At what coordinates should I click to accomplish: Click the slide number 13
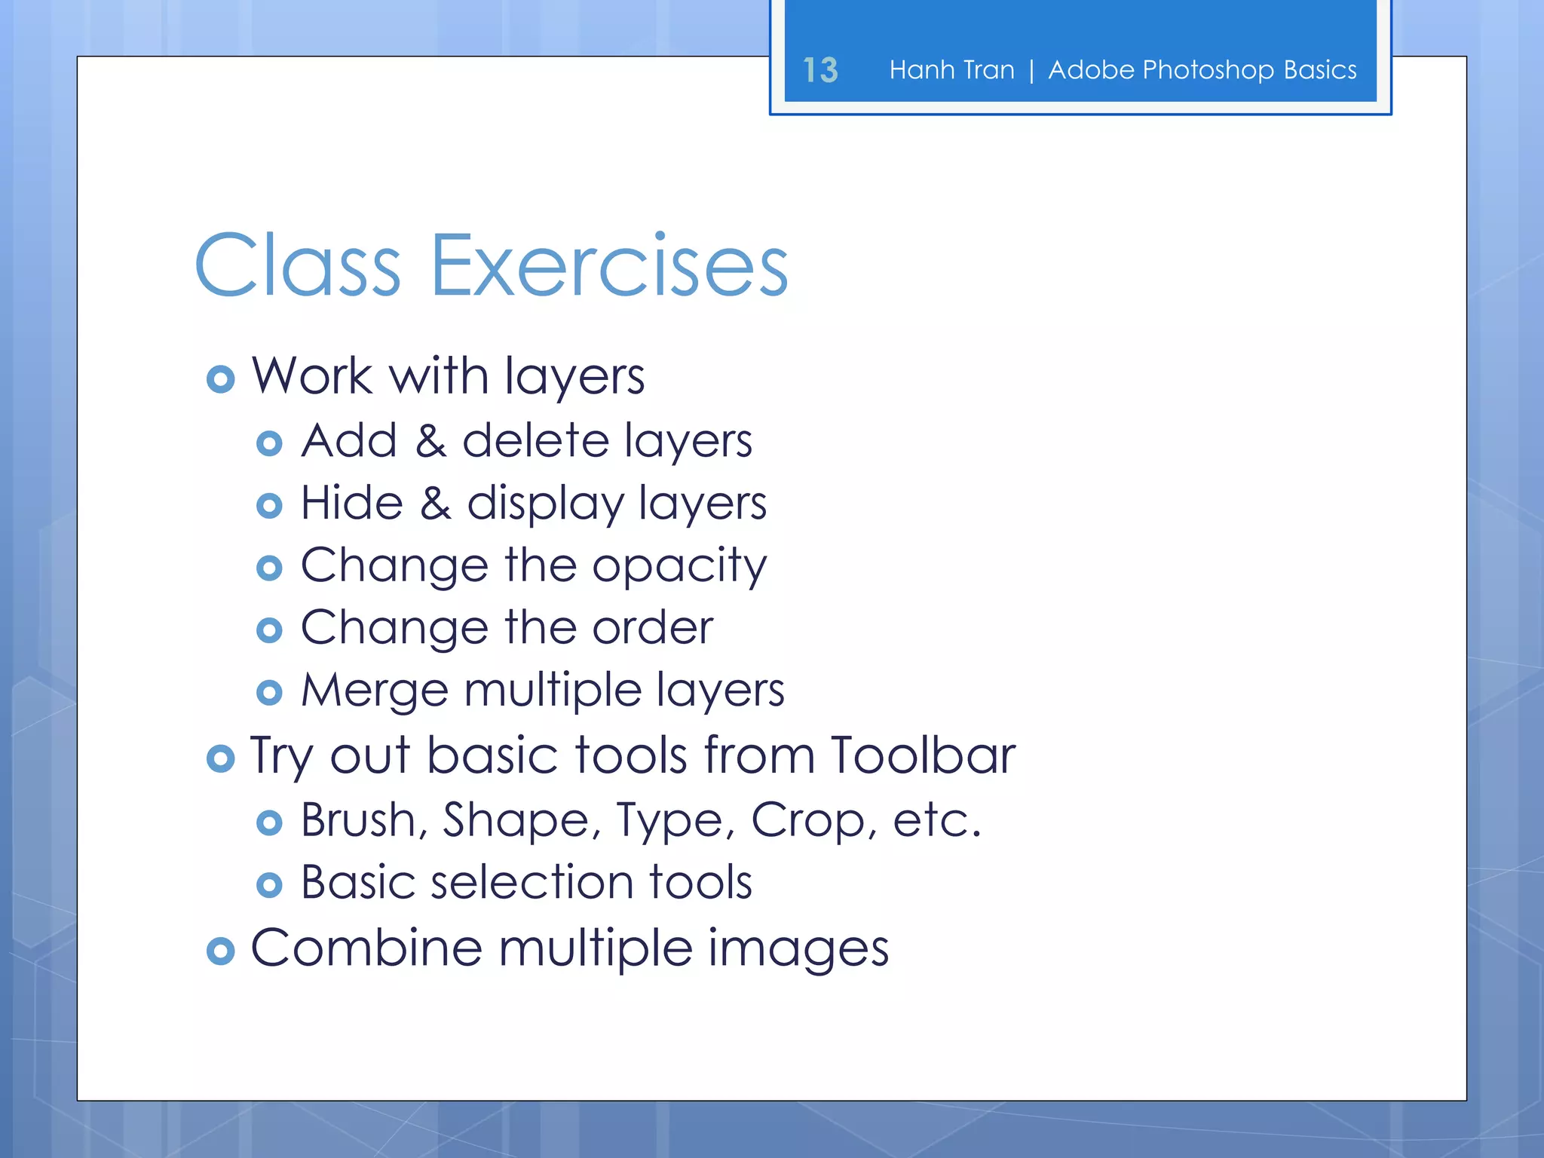820,70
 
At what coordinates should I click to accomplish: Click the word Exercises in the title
608,266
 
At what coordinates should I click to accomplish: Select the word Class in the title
298,266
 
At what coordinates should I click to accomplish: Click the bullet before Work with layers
220,379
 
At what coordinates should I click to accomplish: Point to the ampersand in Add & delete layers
430,441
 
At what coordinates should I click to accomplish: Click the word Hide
351,504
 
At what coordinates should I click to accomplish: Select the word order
652,628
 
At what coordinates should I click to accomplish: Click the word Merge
375,691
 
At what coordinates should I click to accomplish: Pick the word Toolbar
923,755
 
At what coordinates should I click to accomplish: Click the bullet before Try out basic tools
220,758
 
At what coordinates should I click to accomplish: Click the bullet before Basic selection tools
269,885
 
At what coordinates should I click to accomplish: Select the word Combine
366,948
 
